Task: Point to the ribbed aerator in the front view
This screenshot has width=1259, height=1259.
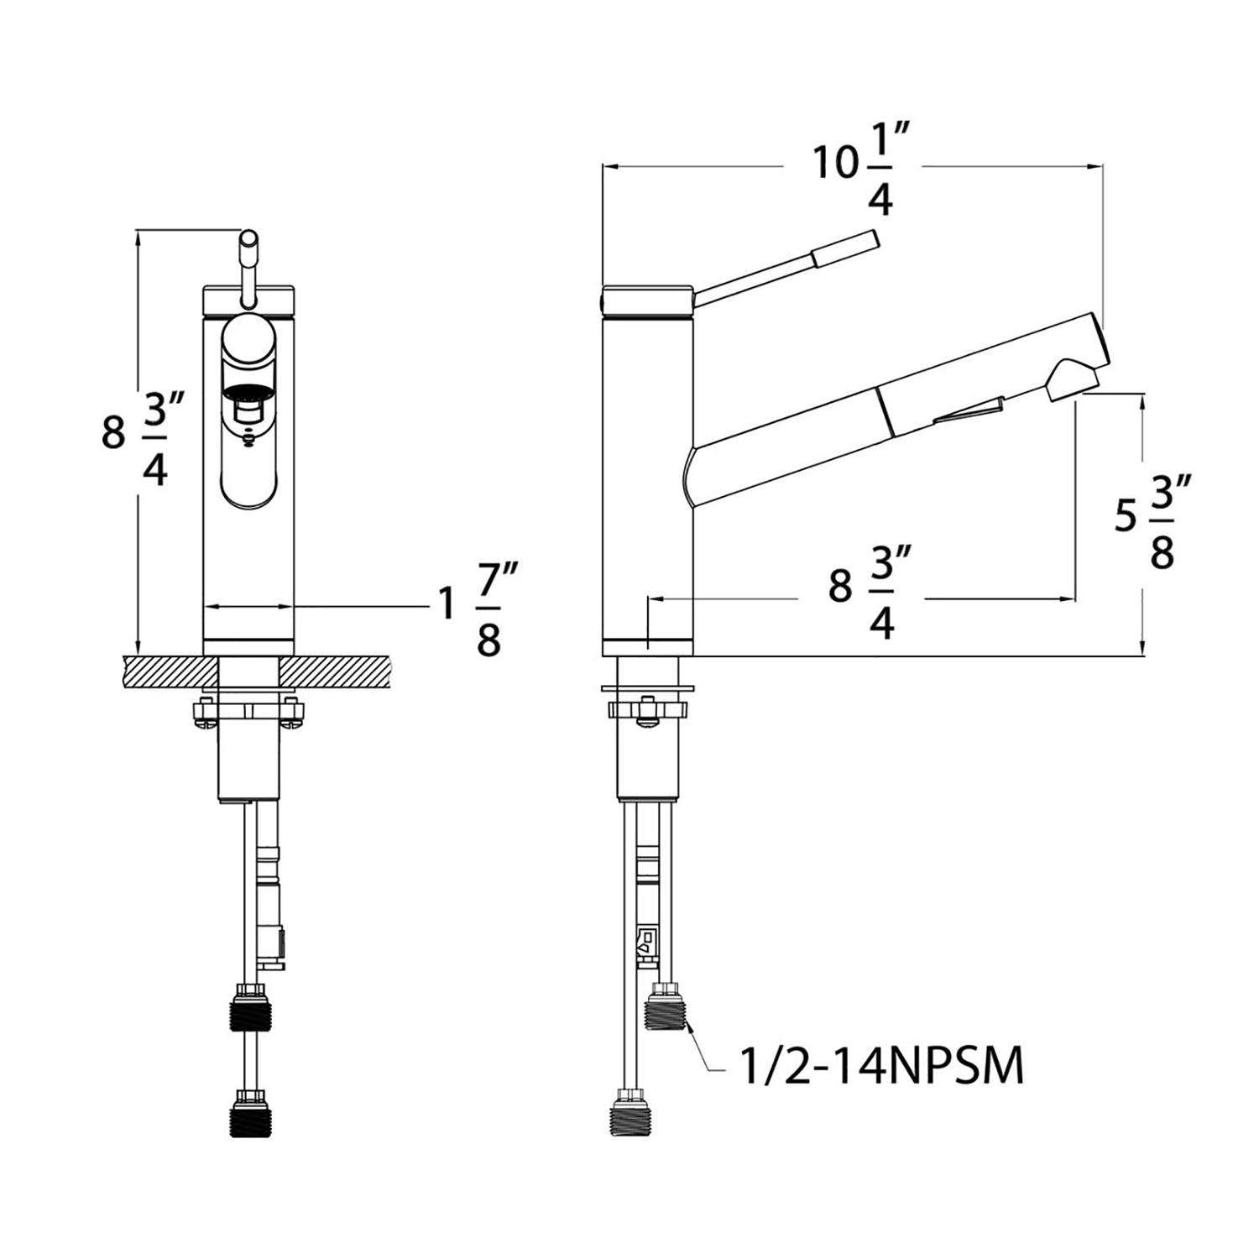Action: click(249, 392)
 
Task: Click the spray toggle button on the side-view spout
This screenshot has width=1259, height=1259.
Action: click(974, 411)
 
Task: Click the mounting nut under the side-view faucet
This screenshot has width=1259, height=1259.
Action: click(647, 710)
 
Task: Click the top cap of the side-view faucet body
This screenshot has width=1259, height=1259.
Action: click(647, 300)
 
